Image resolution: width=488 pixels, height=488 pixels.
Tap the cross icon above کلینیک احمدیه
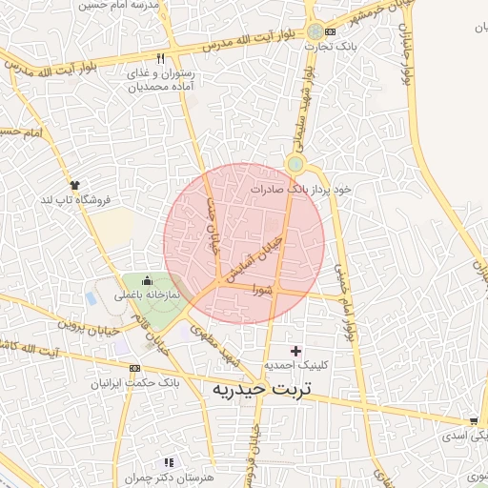click(295, 352)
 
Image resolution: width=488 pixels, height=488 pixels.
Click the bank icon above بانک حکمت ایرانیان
click(134, 368)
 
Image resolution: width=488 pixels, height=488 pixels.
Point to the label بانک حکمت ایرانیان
click(134, 382)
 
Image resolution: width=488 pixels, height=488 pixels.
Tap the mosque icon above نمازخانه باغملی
click(147, 282)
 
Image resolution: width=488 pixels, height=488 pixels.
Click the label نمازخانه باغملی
click(148, 296)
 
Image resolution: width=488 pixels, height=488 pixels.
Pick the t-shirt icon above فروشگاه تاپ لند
click(74, 184)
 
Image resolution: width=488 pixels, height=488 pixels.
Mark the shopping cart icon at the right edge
click(473, 420)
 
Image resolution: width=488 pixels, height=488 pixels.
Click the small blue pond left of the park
click(91, 298)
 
